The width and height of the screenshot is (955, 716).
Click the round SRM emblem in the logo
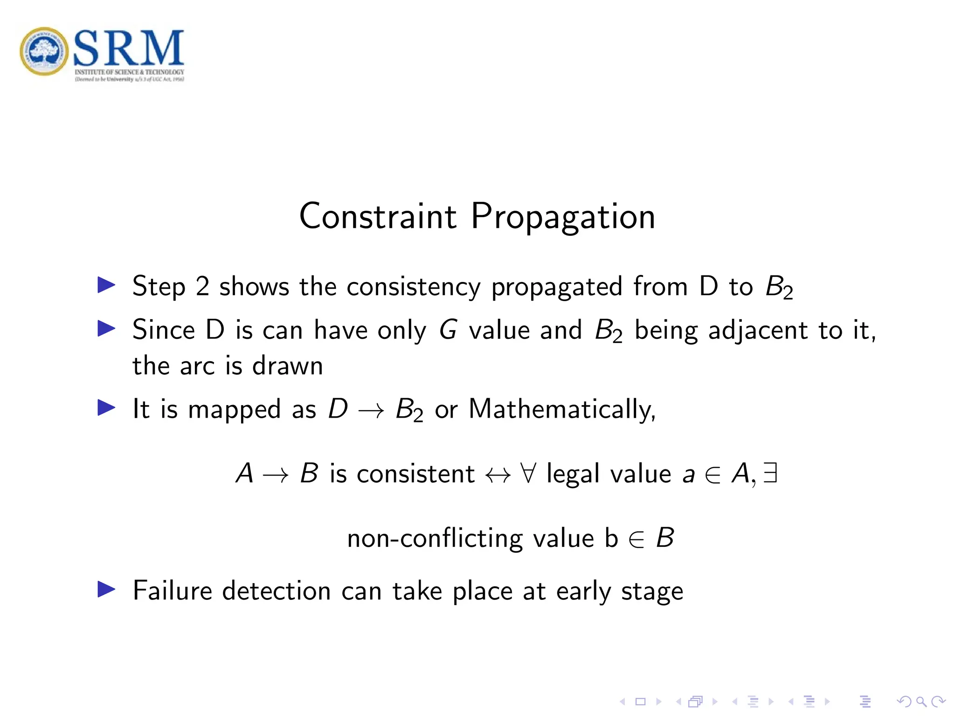(x=44, y=51)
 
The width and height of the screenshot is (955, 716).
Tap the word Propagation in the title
(x=563, y=217)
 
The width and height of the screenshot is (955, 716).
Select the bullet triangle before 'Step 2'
(x=106, y=285)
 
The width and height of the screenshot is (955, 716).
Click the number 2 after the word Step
(x=202, y=286)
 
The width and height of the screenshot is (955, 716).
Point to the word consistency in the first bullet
(x=413, y=287)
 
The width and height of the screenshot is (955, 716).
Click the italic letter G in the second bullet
(x=448, y=330)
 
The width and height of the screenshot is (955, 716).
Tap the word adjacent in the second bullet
(x=758, y=331)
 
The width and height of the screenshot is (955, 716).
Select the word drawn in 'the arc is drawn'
(x=287, y=366)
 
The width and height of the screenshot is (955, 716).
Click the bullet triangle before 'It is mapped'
(x=106, y=408)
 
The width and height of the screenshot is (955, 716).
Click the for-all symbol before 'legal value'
(x=528, y=474)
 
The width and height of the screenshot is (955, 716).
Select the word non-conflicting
(x=435, y=539)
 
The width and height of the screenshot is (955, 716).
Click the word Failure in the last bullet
(x=173, y=591)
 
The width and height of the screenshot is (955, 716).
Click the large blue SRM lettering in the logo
(x=128, y=48)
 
